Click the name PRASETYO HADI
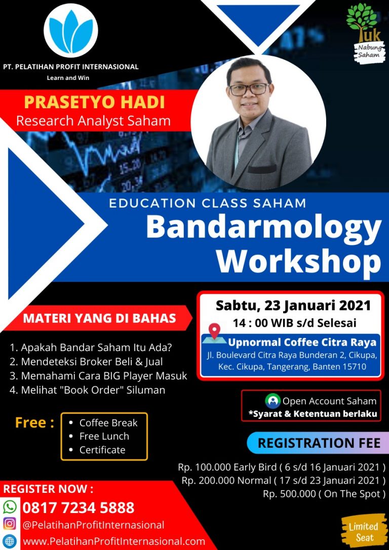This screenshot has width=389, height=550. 94,102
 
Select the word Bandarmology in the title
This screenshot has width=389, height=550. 263,228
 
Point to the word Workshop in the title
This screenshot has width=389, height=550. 298,260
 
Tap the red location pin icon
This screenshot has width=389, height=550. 214,331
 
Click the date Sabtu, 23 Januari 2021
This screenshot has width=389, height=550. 293,305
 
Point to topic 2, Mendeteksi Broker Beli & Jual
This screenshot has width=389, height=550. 87,362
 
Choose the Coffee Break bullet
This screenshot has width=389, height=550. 103,422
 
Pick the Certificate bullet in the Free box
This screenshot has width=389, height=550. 97,450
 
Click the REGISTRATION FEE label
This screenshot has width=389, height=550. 319,443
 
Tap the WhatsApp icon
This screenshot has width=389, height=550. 10,507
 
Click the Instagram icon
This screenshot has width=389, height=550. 10,524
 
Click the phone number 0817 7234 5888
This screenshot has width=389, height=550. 79,507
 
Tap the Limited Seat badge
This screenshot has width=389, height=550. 363,531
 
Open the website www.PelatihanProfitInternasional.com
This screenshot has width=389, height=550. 114,541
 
